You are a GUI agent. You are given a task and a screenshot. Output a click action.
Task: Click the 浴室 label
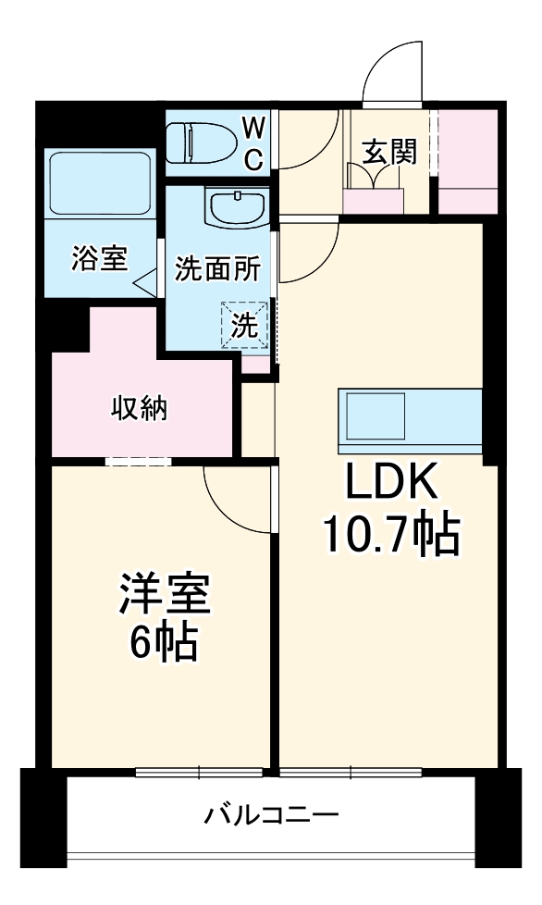99,260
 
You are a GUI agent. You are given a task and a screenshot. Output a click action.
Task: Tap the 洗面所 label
218,268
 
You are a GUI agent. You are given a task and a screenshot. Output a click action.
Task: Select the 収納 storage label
140,407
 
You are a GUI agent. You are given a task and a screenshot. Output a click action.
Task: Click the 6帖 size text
163,642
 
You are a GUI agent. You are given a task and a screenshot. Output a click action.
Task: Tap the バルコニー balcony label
272,815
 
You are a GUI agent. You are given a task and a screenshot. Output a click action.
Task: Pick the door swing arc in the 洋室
231,495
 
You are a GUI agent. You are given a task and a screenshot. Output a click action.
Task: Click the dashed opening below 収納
138,460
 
